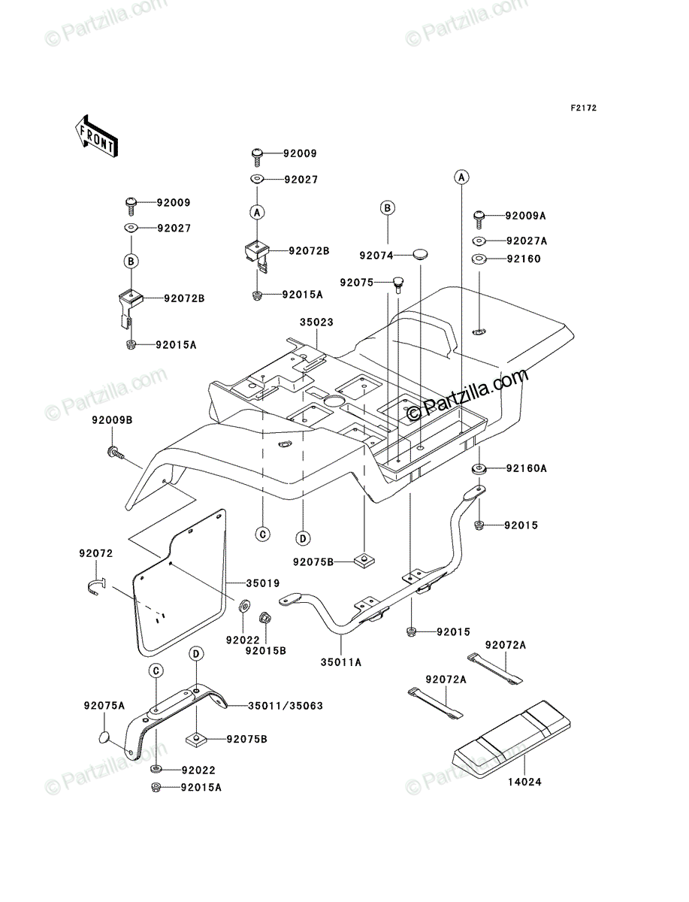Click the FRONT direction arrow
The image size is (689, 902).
[x=96, y=136]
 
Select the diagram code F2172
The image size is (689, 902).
[x=583, y=108]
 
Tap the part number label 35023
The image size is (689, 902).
[x=316, y=322]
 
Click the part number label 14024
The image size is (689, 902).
[x=524, y=782]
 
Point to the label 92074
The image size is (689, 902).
[x=376, y=256]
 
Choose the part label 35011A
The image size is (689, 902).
[x=341, y=662]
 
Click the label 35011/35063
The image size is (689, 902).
[x=286, y=706]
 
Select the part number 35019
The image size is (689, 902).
[x=263, y=583]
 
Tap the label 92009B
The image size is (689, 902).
[x=112, y=420]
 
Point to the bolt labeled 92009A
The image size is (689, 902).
[x=479, y=219]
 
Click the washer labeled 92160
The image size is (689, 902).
[x=479, y=259]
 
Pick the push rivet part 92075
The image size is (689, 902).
[x=398, y=285]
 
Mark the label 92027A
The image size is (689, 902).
[x=527, y=241]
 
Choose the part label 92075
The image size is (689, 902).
[x=356, y=283]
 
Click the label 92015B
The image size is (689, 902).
[x=266, y=651]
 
